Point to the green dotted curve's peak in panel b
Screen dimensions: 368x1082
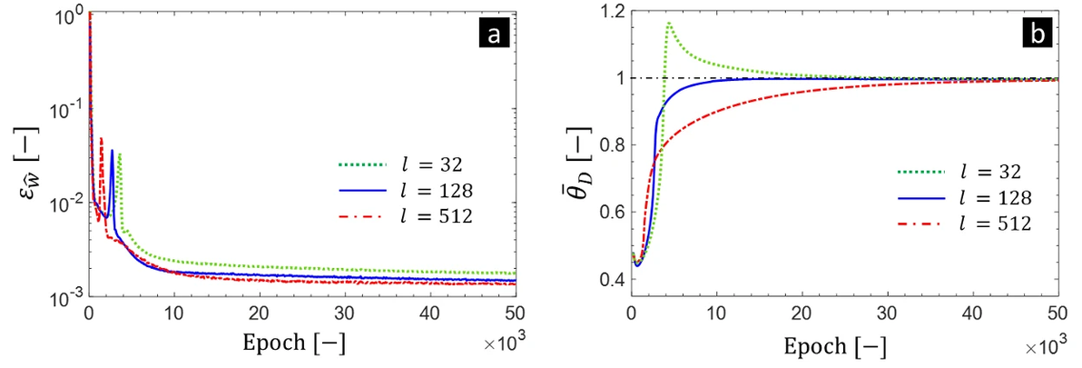[x=669, y=23]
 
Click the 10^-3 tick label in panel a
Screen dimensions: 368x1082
[x=63, y=296]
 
